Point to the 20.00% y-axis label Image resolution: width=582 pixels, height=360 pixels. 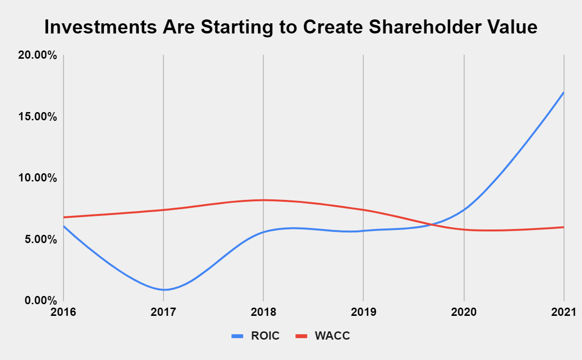click(37, 55)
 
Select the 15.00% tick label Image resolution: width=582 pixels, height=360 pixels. click(37, 117)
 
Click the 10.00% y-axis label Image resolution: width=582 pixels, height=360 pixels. click(37, 178)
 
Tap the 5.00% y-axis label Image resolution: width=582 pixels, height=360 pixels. click(40, 239)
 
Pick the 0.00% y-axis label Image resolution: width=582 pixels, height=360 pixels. click(40, 300)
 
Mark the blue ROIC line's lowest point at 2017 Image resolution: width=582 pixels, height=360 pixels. click(164, 290)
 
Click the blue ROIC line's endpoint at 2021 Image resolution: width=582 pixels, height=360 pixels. click(564, 92)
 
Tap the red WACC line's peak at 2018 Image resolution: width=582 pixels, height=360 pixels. click(263, 200)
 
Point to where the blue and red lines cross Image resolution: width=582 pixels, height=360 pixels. click(430, 224)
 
